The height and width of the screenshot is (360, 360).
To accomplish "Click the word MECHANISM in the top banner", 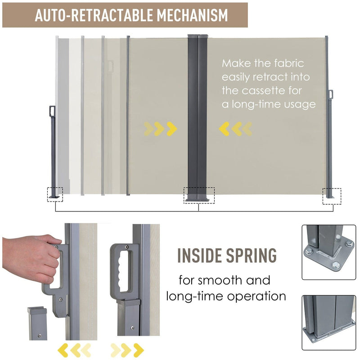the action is point(192,15).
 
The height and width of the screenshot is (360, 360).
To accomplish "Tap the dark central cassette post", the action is point(198,117).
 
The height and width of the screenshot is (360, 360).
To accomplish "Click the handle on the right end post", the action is point(331,94).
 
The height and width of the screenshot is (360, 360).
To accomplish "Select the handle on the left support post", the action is point(52,111).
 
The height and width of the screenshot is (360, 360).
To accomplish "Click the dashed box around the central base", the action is point(199,195).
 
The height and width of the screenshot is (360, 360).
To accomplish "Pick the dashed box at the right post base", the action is point(332,196).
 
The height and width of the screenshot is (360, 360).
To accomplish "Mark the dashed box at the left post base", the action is point(55,194).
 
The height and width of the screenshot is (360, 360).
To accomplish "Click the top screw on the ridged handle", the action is point(126,247).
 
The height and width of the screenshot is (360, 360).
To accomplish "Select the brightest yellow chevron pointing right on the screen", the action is point(172,129).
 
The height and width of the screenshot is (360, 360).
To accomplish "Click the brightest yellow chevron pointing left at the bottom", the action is point(63,351).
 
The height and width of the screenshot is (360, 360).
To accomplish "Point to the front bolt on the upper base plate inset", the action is point(336,265).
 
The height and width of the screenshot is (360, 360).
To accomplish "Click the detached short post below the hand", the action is point(38,324).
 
